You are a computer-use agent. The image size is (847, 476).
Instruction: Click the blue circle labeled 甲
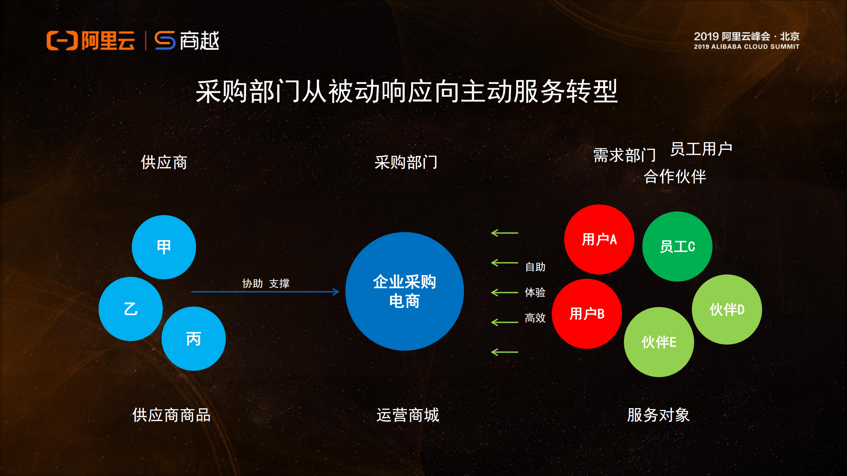tap(164, 247)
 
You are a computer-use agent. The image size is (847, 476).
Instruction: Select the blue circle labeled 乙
tap(131, 309)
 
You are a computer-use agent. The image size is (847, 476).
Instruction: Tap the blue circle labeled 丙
tap(194, 339)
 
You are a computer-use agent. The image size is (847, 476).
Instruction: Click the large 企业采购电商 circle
tap(404, 291)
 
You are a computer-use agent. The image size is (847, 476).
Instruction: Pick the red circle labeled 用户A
tap(599, 239)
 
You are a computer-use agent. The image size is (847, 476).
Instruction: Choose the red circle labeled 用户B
tap(587, 314)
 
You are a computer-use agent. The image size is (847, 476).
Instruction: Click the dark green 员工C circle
tap(677, 246)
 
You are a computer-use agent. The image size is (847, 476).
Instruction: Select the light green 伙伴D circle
tap(727, 310)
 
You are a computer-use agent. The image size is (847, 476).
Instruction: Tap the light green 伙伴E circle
tap(659, 342)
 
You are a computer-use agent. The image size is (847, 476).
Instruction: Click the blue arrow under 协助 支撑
tap(265, 292)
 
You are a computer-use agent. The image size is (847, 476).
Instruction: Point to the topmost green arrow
tap(504, 233)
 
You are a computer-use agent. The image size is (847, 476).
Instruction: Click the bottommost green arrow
tap(504, 352)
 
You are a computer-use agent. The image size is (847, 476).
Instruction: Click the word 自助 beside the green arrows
tap(535, 267)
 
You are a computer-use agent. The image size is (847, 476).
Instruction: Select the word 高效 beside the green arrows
tap(535, 318)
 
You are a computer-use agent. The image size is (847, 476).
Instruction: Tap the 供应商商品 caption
tap(171, 415)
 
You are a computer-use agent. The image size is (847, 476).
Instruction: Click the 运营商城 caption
tap(408, 415)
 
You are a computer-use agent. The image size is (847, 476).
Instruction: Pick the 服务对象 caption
tap(658, 415)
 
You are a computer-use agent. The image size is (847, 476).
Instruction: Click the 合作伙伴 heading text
tap(675, 176)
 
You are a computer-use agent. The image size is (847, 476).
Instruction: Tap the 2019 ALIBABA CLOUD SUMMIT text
tap(746, 47)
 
